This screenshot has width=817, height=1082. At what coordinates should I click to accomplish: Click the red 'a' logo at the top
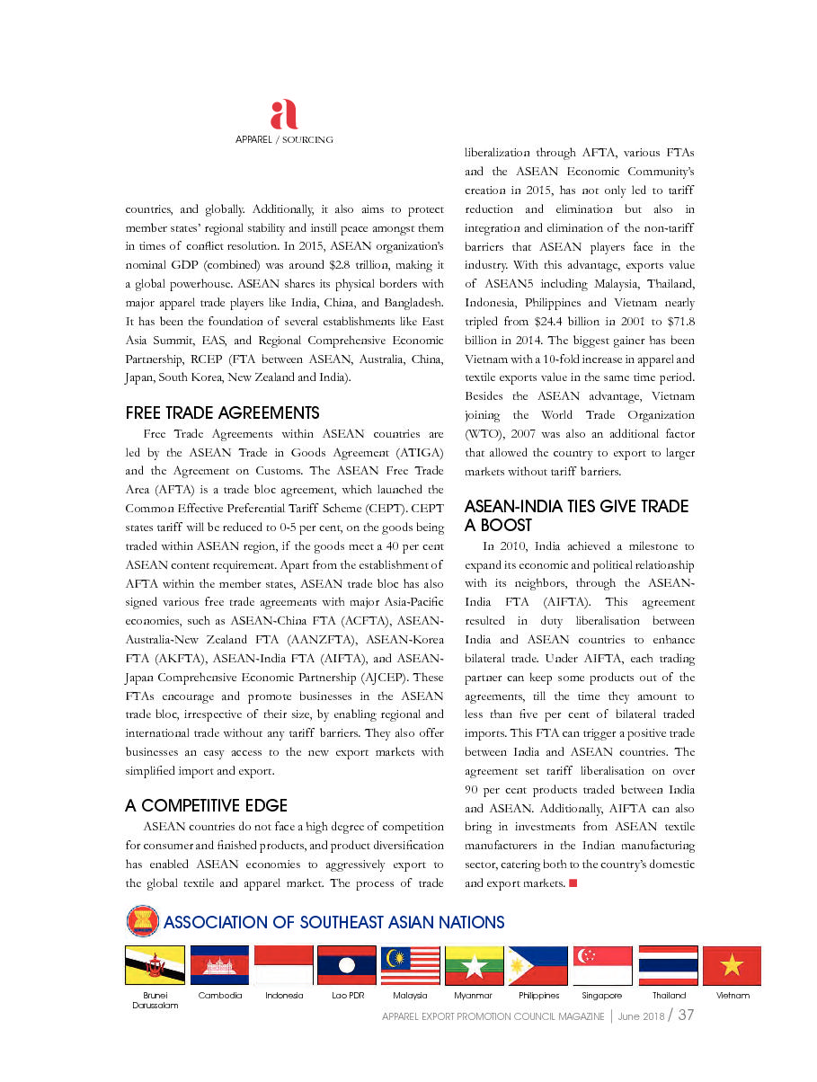[x=283, y=115]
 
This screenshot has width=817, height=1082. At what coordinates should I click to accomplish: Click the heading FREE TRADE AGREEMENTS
[x=222, y=413]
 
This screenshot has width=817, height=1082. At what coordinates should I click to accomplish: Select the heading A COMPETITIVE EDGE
[x=207, y=805]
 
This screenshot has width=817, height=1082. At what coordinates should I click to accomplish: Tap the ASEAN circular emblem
[x=141, y=922]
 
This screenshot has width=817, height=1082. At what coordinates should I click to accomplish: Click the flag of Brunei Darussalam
[x=155, y=965]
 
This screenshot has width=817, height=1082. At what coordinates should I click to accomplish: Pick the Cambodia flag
[x=219, y=965]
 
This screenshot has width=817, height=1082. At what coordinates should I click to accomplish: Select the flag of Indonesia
[x=283, y=965]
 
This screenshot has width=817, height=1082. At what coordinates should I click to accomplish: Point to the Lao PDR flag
[x=347, y=965]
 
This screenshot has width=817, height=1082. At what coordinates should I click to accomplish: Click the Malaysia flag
[x=410, y=965]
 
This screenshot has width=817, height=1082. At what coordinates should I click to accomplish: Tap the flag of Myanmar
[x=474, y=965]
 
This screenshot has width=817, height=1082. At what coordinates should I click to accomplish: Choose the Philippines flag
[x=537, y=965]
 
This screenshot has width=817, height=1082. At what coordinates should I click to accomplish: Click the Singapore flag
[x=602, y=965]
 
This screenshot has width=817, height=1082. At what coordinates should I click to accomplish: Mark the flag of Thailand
[x=668, y=965]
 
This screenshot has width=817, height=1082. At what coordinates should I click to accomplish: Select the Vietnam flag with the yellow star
[x=732, y=965]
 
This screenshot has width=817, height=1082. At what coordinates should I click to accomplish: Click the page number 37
[x=686, y=1015]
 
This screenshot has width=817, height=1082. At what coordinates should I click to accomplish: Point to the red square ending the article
[x=573, y=883]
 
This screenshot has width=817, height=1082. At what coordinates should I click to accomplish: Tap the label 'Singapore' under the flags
[x=602, y=996]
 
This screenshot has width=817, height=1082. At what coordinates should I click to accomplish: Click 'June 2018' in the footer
[x=640, y=1016]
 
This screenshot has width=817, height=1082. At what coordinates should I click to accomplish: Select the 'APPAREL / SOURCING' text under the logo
[x=284, y=139]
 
